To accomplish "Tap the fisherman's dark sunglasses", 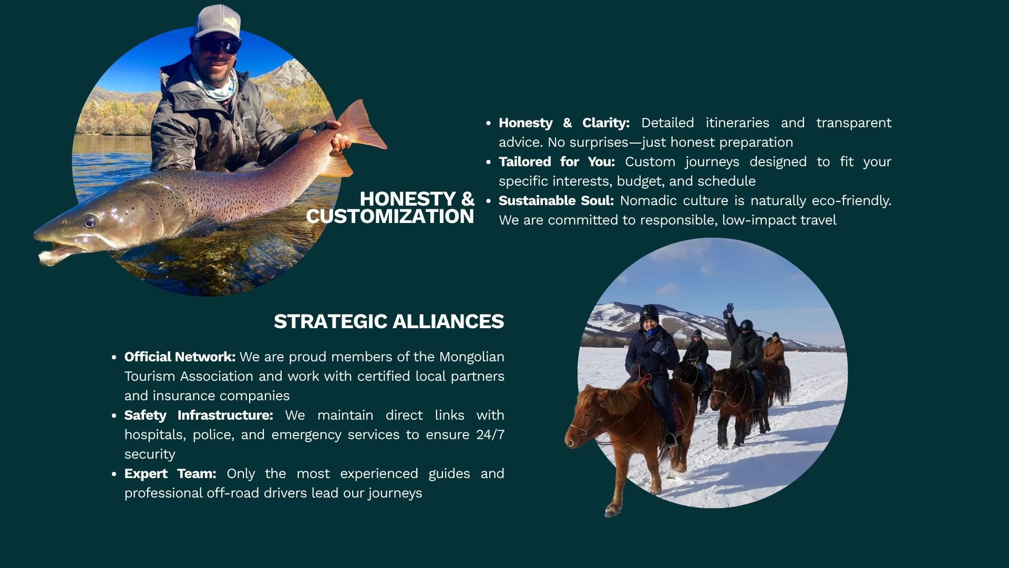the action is click(220, 45).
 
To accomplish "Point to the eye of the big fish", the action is click(89, 221).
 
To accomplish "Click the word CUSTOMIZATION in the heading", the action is click(390, 216).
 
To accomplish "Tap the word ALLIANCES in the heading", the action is click(448, 321).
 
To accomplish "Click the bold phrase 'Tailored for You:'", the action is click(557, 161).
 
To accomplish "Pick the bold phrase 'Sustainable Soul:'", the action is click(556, 200).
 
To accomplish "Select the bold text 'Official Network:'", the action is click(180, 357).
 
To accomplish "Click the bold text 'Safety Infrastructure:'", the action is click(199, 415).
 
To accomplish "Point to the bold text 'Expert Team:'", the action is click(170, 473).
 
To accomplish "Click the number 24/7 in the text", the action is click(490, 434).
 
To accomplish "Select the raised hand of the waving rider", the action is click(729, 308).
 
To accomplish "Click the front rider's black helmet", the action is click(650, 312).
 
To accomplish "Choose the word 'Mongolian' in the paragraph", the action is click(472, 357).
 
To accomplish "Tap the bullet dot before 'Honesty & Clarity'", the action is click(489, 123).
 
